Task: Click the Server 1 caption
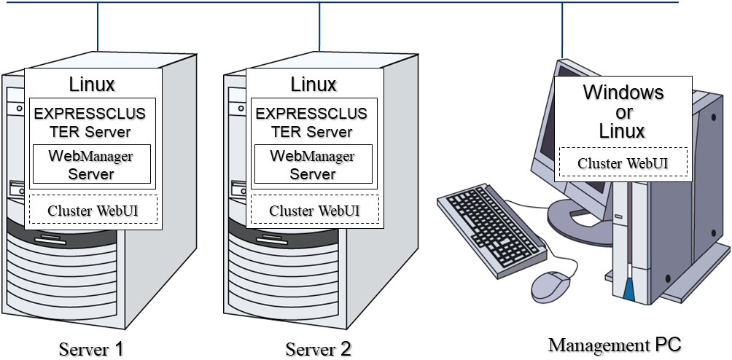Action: point(91,348)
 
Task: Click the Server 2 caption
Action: point(318,348)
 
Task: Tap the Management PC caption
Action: point(614,343)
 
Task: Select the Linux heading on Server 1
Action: point(92,85)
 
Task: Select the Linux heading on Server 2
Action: point(314,85)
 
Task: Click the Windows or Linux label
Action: point(623,111)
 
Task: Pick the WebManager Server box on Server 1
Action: point(91,165)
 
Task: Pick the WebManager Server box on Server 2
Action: point(313,165)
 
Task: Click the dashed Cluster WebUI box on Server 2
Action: point(314,210)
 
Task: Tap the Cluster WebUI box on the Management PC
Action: point(623,163)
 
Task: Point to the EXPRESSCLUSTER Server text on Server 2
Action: point(311,122)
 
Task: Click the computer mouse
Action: point(551,286)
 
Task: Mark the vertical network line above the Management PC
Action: point(562,29)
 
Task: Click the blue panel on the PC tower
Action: point(628,291)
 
